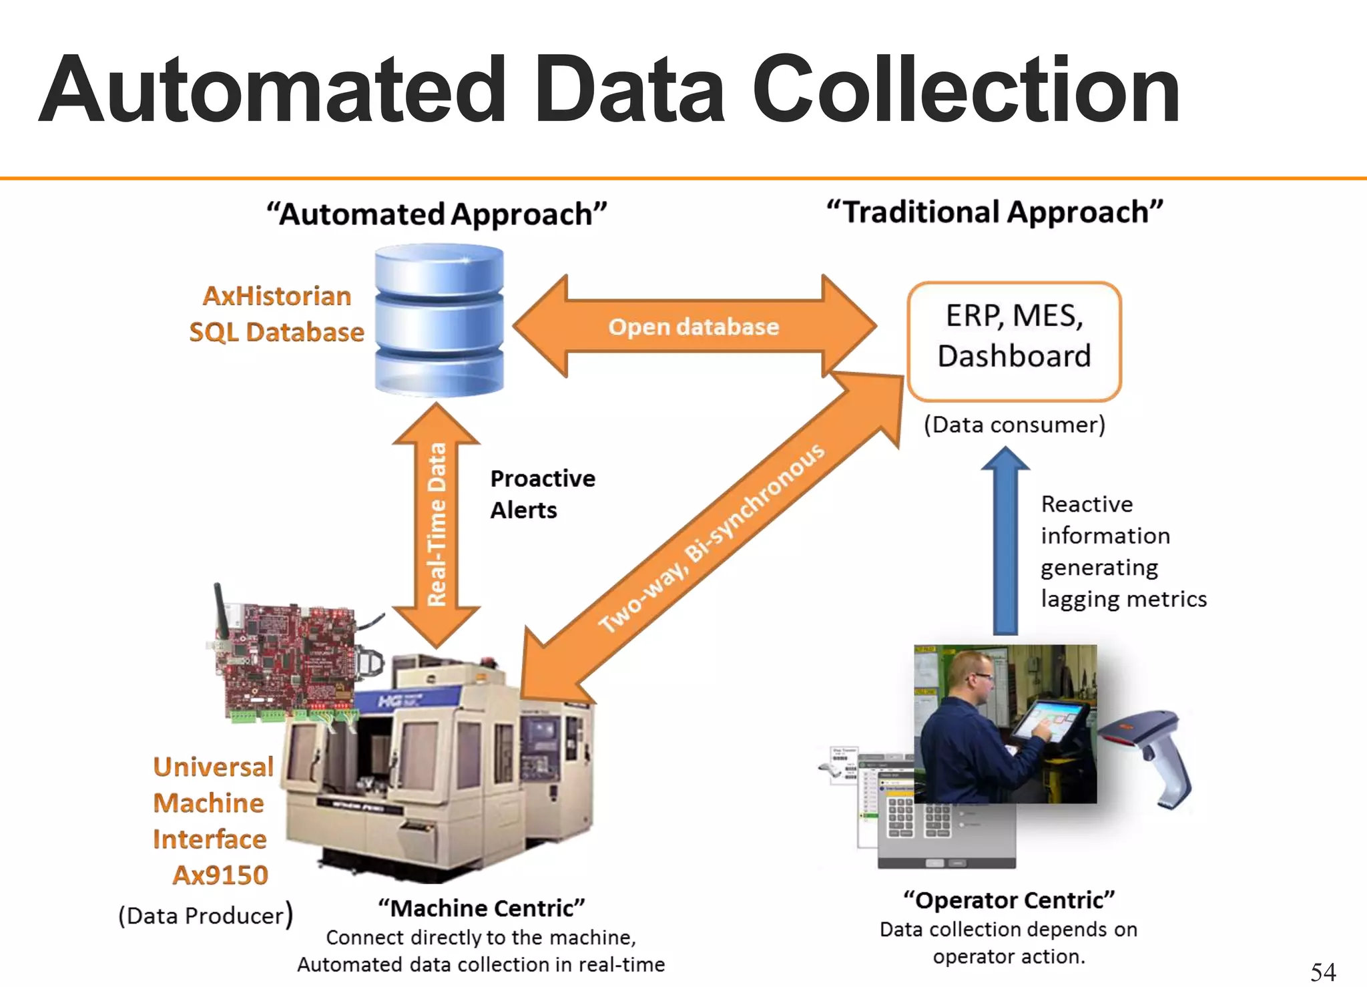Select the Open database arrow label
click(x=694, y=327)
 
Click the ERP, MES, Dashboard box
click(x=1014, y=341)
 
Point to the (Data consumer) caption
click(x=1014, y=425)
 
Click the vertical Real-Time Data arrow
click(x=437, y=524)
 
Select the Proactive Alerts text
click(x=541, y=494)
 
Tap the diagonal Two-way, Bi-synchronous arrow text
click(x=712, y=538)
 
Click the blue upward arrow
click(x=1005, y=541)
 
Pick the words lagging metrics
click(x=1123, y=599)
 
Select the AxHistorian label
click(x=277, y=296)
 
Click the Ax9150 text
click(x=220, y=875)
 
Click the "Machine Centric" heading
click(x=481, y=908)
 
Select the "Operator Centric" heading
click(x=1009, y=900)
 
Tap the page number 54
click(x=1322, y=972)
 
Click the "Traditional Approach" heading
click(x=995, y=212)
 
